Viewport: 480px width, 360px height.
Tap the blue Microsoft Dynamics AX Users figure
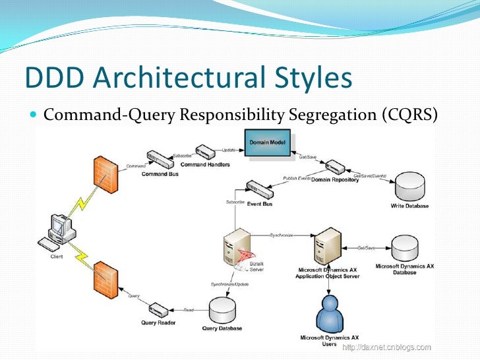(329, 315)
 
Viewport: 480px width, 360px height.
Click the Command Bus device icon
(158, 160)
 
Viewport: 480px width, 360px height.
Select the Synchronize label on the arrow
(281, 235)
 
